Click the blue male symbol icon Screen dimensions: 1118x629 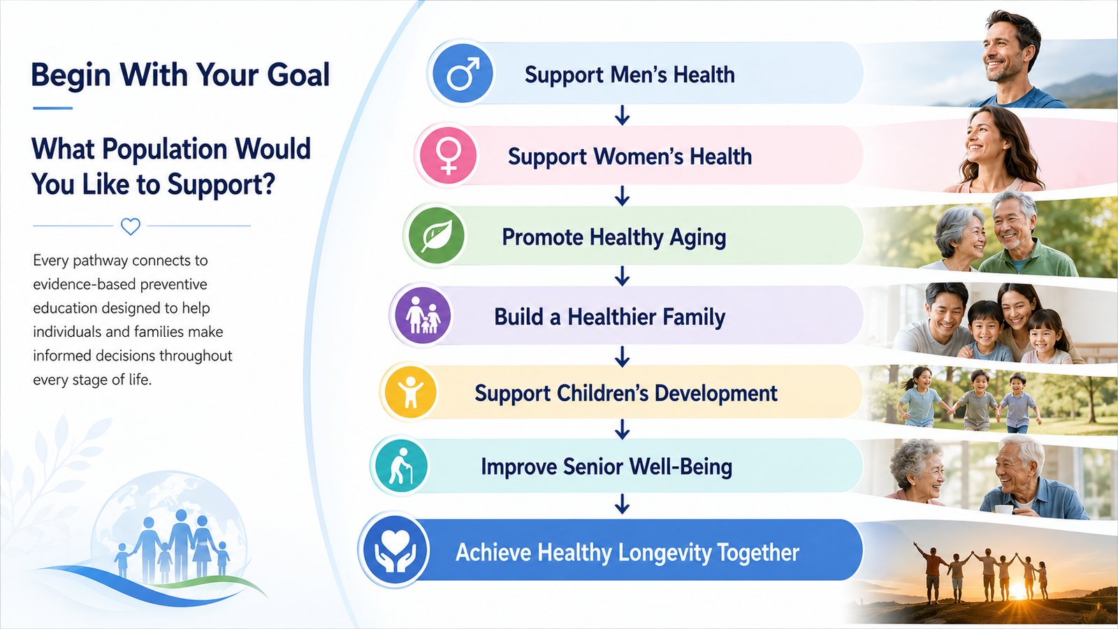pos(463,73)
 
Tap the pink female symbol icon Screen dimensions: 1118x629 pos(448,155)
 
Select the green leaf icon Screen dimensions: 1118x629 pos(436,236)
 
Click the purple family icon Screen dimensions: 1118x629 pos(423,315)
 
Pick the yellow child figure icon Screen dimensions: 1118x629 pos(410,392)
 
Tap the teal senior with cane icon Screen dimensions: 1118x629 pos(401,465)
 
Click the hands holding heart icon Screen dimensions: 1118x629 pos(394,549)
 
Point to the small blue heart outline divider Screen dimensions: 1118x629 pos(131,226)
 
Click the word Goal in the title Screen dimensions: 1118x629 pos(298,75)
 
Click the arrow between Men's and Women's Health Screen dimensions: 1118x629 pos(622,115)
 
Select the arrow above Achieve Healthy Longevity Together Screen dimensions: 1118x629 pos(622,504)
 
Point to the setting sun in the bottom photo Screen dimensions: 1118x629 pos(1018,591)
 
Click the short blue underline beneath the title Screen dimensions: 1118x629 pos(53,108)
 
